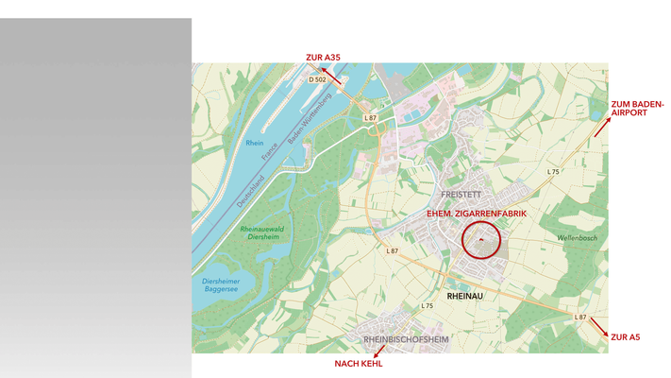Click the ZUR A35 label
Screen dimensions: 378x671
[x=323, y=58]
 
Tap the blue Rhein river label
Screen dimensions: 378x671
[x=254, y=143]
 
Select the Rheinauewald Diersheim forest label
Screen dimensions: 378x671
[x=265, y=232]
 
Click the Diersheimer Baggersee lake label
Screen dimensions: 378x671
[x=223, y=286]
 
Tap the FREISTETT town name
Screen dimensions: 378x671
[x=461, y=195]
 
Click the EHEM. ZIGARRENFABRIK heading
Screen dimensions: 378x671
[x=477, y=215]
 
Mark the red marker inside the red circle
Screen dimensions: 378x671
[x=480, y=240]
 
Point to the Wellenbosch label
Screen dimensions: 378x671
[x=577, y=238]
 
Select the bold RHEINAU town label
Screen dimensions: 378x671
[x=464, y=296]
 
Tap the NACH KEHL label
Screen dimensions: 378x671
[x=359, y=363]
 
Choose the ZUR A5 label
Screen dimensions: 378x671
[x=625, y=336]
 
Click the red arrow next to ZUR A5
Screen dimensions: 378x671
[x=598, y=326]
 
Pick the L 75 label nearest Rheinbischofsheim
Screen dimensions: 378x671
[x=427, y=306]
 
